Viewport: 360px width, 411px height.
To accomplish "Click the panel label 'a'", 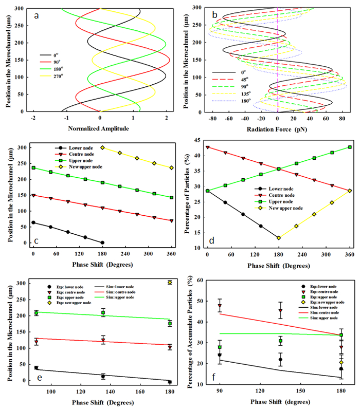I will [x=36, y=15].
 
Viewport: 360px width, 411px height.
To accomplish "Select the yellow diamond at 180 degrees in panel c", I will [x=102, y=147].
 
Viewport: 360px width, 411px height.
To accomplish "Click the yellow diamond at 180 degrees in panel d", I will [x=278, y=238].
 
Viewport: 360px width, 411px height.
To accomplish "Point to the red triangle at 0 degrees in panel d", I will [x=207, y=147].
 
